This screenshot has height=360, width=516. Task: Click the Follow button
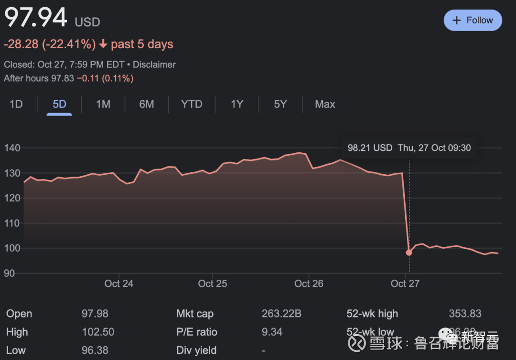click(473, 21)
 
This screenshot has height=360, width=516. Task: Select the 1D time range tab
click(16, 104)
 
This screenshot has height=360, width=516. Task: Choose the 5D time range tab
click(59, 104)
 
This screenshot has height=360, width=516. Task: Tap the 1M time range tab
click(103, 104)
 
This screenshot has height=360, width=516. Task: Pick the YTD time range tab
click(192, 104)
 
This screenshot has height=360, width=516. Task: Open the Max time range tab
click(325, 104)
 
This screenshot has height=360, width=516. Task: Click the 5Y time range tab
click(280, 104)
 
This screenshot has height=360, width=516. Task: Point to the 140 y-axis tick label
click(12, 148)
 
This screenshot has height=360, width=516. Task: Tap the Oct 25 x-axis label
click(213, 284)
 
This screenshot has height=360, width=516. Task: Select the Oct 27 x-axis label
click(405, 284)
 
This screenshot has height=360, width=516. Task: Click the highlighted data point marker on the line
click(409, 253)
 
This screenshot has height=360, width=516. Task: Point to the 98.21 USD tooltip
click(409, 148)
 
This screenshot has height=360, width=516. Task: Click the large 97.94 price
click(35, 18)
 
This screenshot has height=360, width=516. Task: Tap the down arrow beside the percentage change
click(103, 44)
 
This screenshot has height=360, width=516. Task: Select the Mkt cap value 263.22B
click(281, 314)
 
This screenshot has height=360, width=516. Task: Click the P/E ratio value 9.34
click(272, 332)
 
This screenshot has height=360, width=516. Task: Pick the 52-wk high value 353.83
click(465, 314)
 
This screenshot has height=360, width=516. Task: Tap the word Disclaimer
click(154, 64)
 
